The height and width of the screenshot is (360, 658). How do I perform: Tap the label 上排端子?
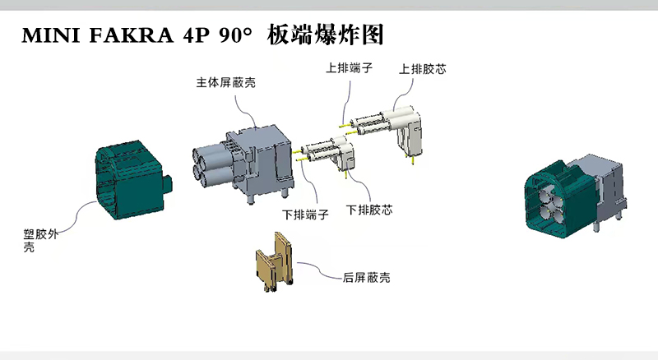pos(350,69)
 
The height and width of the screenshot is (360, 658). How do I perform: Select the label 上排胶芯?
pos(424,69)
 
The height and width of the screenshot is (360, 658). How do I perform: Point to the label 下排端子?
pos(306,215)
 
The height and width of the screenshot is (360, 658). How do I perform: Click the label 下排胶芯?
pos(369,210)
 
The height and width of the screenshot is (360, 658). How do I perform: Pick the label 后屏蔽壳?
pos(366,278)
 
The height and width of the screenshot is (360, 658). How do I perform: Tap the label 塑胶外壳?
pos(40,239)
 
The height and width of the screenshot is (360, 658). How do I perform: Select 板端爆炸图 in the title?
pos(326,36)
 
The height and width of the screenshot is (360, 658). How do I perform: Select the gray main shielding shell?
pos(259,156)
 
